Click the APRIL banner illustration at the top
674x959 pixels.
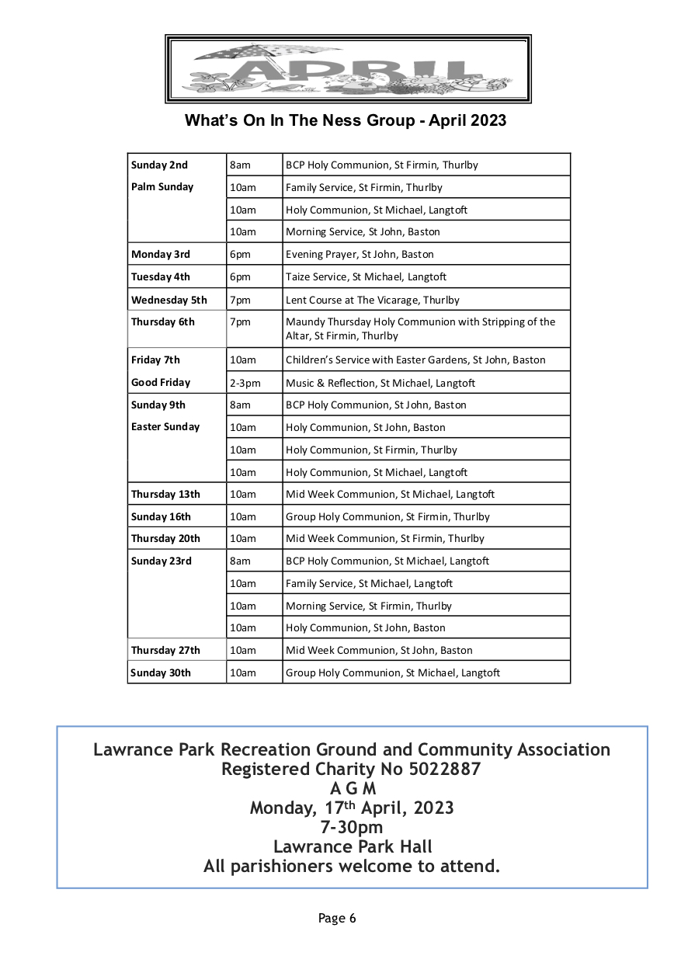coord(348,69)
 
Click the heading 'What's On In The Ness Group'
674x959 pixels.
coord(345,120)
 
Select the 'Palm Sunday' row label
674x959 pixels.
coord(162,187)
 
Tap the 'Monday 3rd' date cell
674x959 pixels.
coord(161,255)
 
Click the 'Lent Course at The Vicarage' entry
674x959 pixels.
coord(372,300)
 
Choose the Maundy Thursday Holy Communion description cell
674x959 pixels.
coord(420,328)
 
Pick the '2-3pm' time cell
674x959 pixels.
coord(245,383)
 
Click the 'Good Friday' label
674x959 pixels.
coord(161,383)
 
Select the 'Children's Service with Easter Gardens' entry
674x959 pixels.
coord(415,360)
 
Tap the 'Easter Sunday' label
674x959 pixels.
coord(165,427)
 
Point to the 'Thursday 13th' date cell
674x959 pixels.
coord(165,494)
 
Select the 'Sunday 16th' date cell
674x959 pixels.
coord(161,516)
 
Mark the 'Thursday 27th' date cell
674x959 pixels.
coord(165,651)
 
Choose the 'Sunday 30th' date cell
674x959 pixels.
coord(161,673)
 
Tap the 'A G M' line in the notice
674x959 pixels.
coord(352,789)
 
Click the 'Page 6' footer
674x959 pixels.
coord(337,919)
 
